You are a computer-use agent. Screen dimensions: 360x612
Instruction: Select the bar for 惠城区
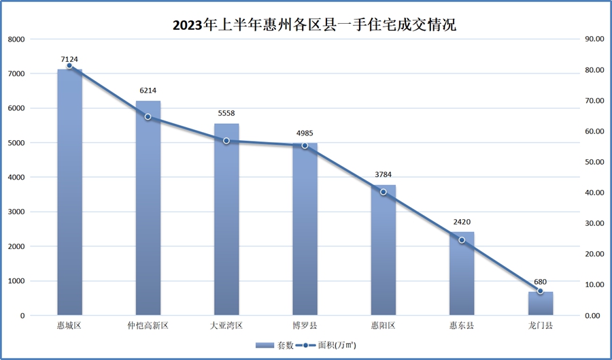coord(69,197)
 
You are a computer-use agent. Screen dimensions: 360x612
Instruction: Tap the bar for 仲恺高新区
coord(148,211)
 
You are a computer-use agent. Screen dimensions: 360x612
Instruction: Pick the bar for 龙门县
coord(541,304)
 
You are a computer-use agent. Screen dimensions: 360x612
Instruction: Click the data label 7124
coord(69,59)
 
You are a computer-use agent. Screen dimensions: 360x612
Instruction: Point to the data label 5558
coord(226,114)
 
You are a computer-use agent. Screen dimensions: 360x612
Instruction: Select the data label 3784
coord(384,175)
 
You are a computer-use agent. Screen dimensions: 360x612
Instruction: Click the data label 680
coord(541,282)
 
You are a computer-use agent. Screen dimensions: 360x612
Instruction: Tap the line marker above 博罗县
coord(305,146)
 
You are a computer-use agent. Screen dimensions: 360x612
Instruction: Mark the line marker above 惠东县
coord(462,240)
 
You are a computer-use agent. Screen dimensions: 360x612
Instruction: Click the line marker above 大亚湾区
coord(226,141)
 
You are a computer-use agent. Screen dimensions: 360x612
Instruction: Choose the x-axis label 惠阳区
coord(384,326)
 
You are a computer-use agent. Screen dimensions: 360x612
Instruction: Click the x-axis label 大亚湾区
coord(226,326)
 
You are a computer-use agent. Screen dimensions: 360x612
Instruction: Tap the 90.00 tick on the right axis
coord(594,39)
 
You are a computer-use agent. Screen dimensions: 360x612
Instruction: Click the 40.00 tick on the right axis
coord(594,193)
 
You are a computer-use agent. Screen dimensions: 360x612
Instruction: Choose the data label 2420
coord(462,222)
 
